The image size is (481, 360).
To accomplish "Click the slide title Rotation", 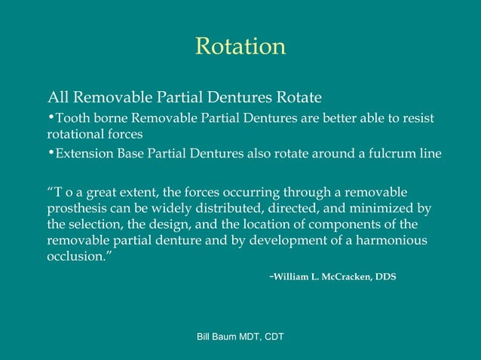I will point(240,47).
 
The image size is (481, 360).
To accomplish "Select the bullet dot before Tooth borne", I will point(51,117).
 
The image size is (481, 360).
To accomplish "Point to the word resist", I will point(418,119).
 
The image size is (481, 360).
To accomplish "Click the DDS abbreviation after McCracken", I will point(384,277).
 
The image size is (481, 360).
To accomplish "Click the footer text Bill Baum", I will point(216,337).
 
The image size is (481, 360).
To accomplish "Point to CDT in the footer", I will point(272,337).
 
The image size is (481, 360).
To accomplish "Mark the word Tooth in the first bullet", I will point(72,119).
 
